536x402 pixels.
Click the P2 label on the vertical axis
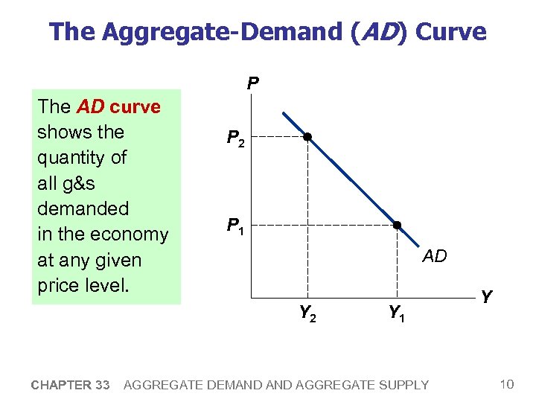tap(236, 138)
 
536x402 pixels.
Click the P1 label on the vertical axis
tap(236, 226)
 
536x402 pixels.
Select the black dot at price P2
tap(307, 137)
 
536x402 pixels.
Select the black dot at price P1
tap(397, 225)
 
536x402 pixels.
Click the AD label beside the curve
tap(435, 257)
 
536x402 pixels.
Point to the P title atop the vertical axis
tap(253, 83)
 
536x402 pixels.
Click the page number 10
tap(507, 384)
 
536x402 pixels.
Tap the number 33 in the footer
tap(103, 385)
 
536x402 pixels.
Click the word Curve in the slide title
tap(450, 32)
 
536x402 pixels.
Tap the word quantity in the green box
tap(71, 158)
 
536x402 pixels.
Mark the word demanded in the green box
tap(83, 208)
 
